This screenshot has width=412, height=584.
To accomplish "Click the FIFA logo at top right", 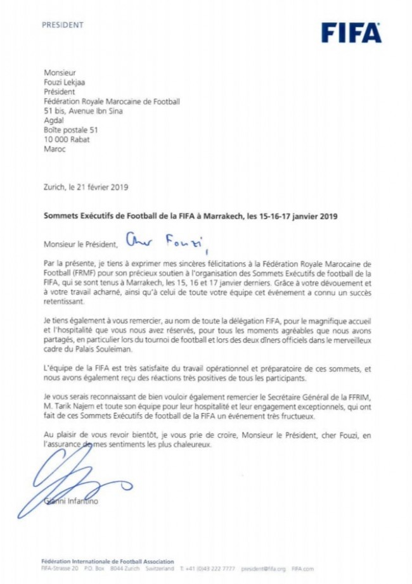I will point(351,32).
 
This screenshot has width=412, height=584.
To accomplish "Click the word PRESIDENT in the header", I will point(62,25).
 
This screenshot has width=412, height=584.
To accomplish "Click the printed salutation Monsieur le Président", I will point(80,244).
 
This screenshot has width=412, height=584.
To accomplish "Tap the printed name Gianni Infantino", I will point(71,502).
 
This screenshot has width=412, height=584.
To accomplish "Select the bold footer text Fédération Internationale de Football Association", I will point(107,561).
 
